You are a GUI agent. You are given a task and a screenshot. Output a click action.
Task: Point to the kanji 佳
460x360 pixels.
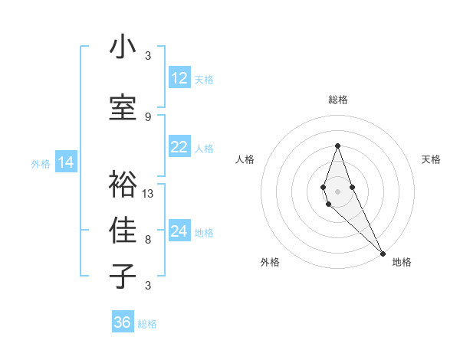coord(123,230)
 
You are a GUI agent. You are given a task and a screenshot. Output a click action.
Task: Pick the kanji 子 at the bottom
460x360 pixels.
coord(123,276)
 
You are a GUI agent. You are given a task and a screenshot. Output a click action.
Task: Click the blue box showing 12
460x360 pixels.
coord(179,78)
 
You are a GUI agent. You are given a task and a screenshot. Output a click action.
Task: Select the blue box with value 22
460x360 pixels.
coord(179,148)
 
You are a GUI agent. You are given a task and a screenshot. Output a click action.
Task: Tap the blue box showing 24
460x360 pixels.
coord(179,232)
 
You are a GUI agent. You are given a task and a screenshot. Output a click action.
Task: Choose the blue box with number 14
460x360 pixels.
coord(66,162)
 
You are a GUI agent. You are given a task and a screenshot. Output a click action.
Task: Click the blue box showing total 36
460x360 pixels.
coord(123,322)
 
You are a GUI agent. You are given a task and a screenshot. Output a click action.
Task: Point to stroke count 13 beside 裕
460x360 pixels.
coord(148,194)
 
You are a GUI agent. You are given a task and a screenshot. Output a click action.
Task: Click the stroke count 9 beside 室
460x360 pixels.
coord(148,116)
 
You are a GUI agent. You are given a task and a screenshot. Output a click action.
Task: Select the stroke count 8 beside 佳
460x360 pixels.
coord(148,240)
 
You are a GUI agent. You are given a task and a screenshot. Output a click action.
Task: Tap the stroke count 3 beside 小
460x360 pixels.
coord(148,56)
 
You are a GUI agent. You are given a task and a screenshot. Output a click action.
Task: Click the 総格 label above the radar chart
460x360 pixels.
coord(338,100)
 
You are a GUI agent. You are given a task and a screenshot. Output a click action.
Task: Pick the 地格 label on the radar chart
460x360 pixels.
coord(402,263)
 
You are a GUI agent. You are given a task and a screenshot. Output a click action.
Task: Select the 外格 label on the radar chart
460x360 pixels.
coord(270,263)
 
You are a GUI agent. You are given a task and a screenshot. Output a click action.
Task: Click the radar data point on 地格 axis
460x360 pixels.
coord(382,253)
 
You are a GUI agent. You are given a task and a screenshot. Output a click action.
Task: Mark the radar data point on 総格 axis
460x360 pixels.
coord(337,146)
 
